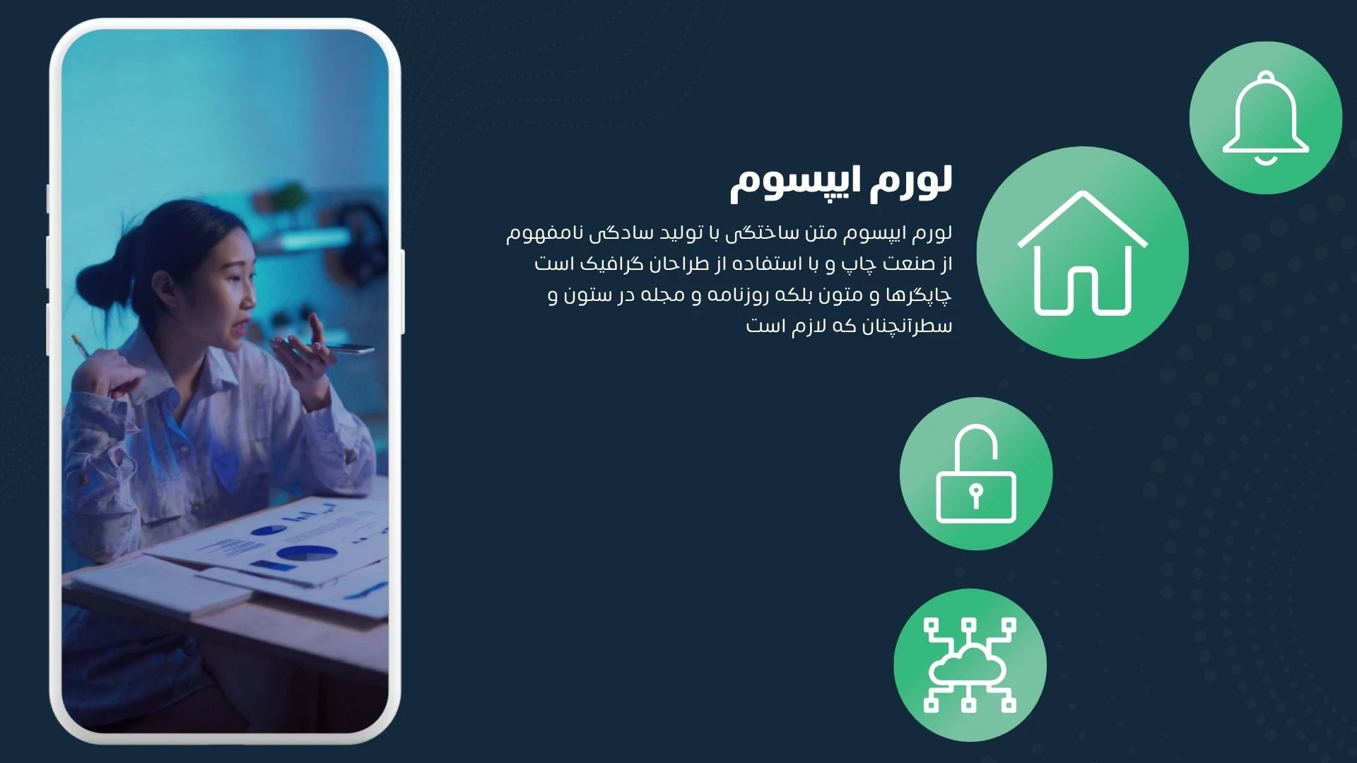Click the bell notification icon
pyautogui.click(x=1266, y=118)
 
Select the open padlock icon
pyautogui.click(x=976, y=474)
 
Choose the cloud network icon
pyautogui.click(x=970, y=665)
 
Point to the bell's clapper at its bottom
pyautogui.click(x=1266, y=160)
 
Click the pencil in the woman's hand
pyautogui.click(x=81, y=345)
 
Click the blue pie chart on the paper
pyautogui.click(x=306, y=553)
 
